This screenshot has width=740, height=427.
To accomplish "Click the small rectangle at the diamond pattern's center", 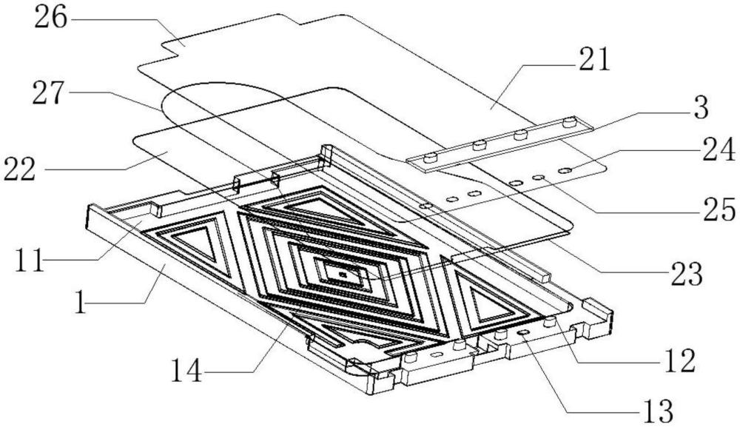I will [343, 276].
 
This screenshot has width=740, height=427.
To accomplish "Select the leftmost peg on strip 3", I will [430, 157].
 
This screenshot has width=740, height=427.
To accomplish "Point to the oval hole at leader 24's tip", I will [565, 172].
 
